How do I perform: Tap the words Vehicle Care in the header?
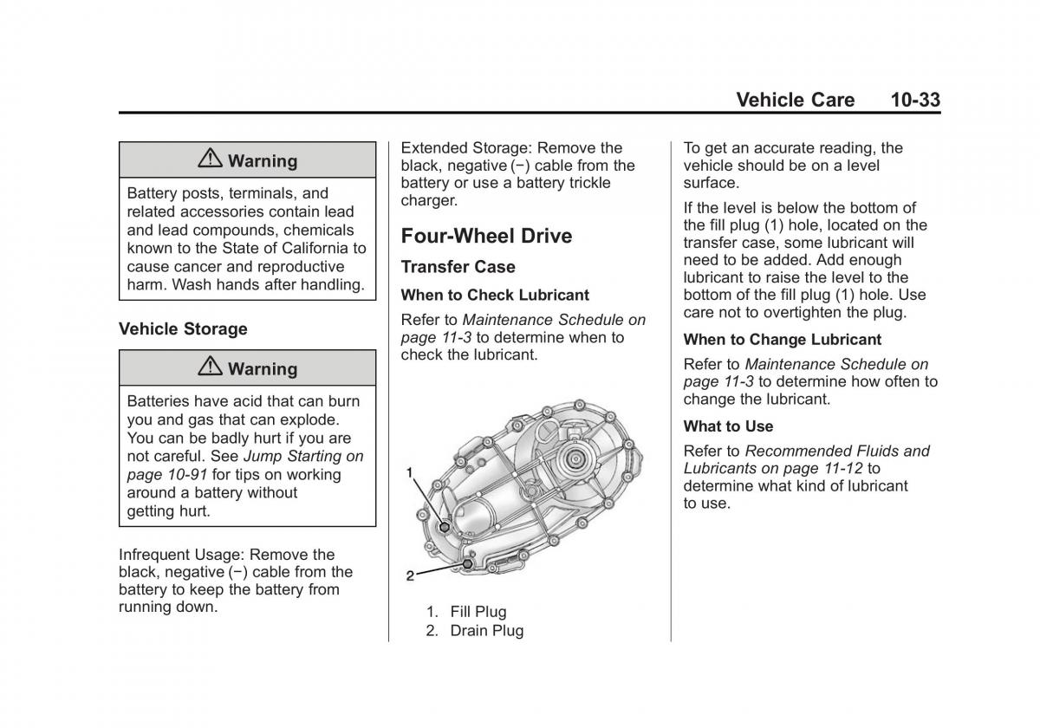click(795, 100)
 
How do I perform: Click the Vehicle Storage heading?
click(183, 329)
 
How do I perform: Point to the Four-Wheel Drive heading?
click(486, 236)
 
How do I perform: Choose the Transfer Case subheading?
click(458, 267)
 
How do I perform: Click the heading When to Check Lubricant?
click(495, 296)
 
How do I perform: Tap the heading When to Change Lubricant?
click(782, 340)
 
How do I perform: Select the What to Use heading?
click(728, 426)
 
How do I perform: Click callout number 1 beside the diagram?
click(410, 472)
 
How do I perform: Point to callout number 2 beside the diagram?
click(410, 575)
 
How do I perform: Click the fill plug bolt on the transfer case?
click(445, 527)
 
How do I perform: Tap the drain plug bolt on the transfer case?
click(468, 563)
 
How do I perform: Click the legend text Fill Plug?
click(478, 612)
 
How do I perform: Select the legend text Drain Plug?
click(486, 631)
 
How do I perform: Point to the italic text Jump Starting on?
click(303, 456)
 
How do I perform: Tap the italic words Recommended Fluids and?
click(836, 451)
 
